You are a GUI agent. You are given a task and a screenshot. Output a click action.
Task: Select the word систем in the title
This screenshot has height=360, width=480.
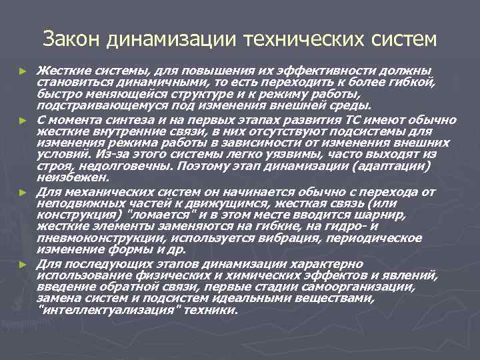point(403,39)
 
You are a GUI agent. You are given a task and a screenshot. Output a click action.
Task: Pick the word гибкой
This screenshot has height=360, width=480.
point(417,83)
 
